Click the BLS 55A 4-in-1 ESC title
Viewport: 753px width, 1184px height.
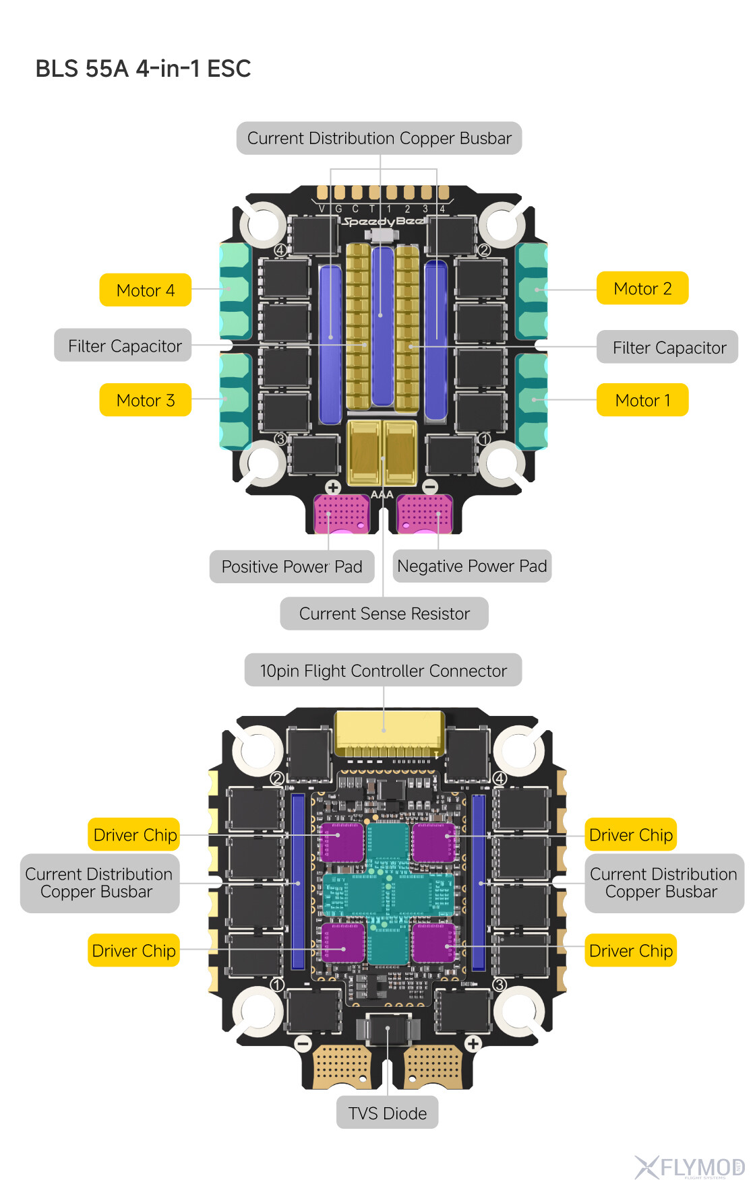(x=143, y=69)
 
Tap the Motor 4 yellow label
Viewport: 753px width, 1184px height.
(x=146, y=290)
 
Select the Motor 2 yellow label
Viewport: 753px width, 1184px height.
(x=642, y=288)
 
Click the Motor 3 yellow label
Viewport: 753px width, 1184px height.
(x=146, y=400)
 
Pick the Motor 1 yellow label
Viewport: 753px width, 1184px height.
(x=642, y=400)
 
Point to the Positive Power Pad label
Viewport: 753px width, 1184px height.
(x=292, y=566)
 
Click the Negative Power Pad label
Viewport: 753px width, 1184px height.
(x=472, y=566)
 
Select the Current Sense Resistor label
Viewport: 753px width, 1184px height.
(x=384, y=614)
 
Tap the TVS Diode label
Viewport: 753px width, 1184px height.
(x=388, y=1113)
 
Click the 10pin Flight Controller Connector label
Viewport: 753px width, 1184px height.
(x=383, y=670)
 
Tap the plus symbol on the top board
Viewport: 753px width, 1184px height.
(x=333, y=487)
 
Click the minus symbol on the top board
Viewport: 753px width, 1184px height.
(x=430, y=486)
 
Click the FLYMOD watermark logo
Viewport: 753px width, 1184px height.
(x=690, y=1166)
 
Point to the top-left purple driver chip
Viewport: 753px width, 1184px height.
(x=342, y=842)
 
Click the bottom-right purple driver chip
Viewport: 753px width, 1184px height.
(x=433, y=942)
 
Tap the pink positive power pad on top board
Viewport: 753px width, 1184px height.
(x=342, y=514)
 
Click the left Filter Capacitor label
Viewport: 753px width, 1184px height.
(x=124, y=346)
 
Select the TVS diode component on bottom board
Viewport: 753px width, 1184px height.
(x=388, y=1029)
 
